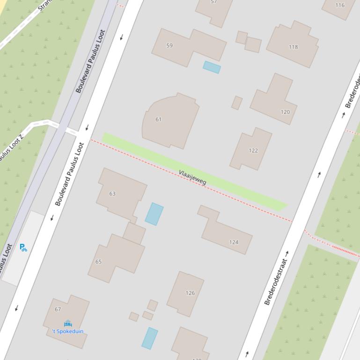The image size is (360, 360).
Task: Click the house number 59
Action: pos(169,45)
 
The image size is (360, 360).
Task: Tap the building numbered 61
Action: pos(158,119)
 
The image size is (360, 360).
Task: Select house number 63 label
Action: pos(112,193)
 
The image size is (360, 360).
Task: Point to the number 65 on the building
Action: pos(98,261)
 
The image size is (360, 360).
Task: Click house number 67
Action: pos(58,309)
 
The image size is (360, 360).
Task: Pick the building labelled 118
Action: pos(293,46)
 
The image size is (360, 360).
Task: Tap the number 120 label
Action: pos(285,112)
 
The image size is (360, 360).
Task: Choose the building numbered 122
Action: pos(253,150)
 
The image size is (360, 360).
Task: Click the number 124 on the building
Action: pos(234,242)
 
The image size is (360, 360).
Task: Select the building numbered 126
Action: pos(190,293)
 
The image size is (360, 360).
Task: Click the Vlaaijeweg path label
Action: pos(192,178)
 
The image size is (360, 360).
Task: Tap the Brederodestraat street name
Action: pos(276,278)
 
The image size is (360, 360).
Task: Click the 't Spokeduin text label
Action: pos(68,331)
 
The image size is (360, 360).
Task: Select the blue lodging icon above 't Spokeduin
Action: pos(68,323)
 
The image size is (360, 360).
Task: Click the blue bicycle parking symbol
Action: pos(23,247)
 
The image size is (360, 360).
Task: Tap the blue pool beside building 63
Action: pos(154,214)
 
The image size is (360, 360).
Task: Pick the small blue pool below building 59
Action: pos(212,67)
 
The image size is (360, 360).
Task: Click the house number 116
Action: pos(340,5)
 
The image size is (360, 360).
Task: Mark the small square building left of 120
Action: pos(237,103)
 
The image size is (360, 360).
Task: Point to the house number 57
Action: pos(214,2)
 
